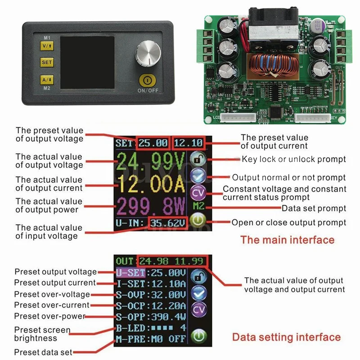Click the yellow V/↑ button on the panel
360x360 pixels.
[x=46, y=45]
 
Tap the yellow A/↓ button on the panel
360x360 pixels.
[x=46, y=79]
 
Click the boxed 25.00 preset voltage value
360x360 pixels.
[x=153, y=144]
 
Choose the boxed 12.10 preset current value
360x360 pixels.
[x=188, y=144]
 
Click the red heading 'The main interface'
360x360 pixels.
[x=287, y=239]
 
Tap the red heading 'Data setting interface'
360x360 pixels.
[x=286, y=337]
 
